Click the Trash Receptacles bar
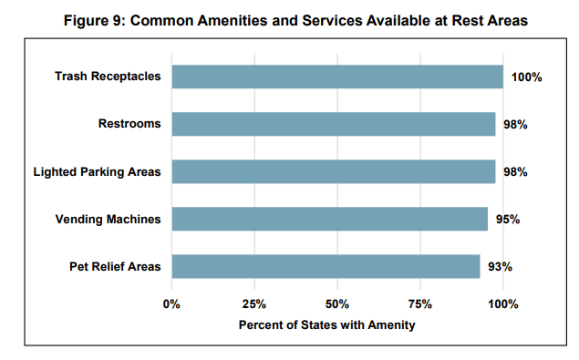(x=337, y=77)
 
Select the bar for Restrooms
(x=334, y=124)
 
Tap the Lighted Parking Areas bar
(x=334, y=171)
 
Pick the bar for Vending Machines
(x=329, y=219)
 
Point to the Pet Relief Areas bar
(x=326, y=266)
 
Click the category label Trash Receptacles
(x=108, y=77)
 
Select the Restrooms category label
(x=129, y=124)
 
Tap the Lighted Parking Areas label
(x=97, y=171)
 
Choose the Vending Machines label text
(x=108, y=219)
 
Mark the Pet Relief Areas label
(x=115, y=266)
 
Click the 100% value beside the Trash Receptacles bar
(x=526, y=77)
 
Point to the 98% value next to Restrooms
(x=515, y=125)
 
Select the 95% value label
(x=508, y=220)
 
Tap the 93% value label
(x=500, y=267)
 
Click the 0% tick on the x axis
(x=171, y=304)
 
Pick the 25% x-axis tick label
(x=254, y=304)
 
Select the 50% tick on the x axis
(x=337, y=304)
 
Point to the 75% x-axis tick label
(x=420, y=304)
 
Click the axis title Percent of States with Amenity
(x=326, y=324)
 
